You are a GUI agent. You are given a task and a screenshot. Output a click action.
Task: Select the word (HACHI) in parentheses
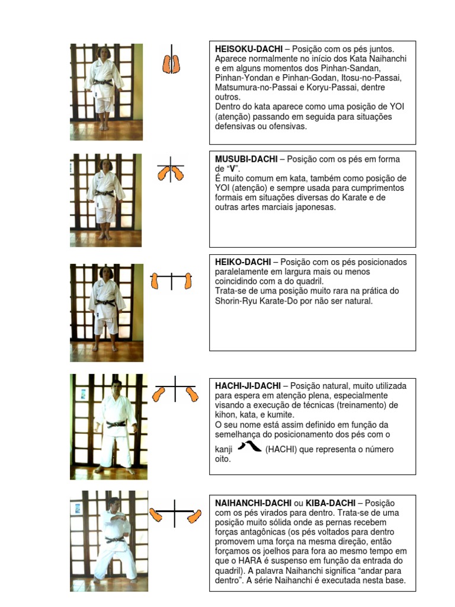281,449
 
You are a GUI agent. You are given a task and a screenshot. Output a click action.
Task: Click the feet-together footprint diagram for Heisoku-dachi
172,63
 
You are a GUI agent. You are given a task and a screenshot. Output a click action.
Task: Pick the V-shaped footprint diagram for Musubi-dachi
171,172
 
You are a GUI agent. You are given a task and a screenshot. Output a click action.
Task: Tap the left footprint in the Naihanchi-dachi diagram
156,515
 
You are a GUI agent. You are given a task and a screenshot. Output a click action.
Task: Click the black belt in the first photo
104,82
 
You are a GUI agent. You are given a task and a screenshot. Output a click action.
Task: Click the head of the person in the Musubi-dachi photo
106,166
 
